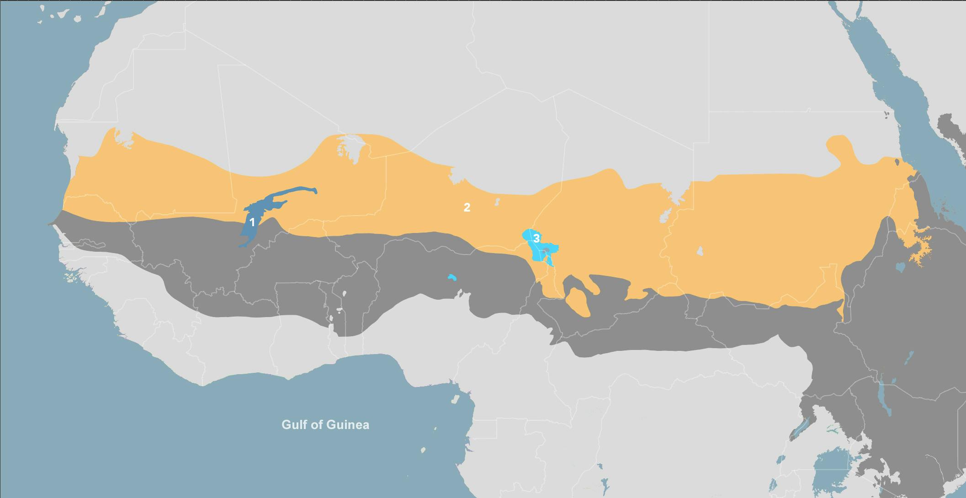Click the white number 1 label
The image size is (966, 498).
click(252, 223)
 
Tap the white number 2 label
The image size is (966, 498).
click(467, 207)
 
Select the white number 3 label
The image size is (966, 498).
click(536, 238)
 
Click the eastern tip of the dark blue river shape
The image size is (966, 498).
click(315, 191)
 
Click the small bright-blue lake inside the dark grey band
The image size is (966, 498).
click(452, 277)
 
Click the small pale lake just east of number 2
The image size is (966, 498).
click(497, 201)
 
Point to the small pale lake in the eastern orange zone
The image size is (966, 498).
click(700, 251)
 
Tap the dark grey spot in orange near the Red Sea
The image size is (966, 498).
click(897, 162)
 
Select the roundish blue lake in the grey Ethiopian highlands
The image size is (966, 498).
click(901, 267)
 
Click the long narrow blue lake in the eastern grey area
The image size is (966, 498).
click(884, 397)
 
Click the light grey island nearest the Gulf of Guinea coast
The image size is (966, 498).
click(455, 400)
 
